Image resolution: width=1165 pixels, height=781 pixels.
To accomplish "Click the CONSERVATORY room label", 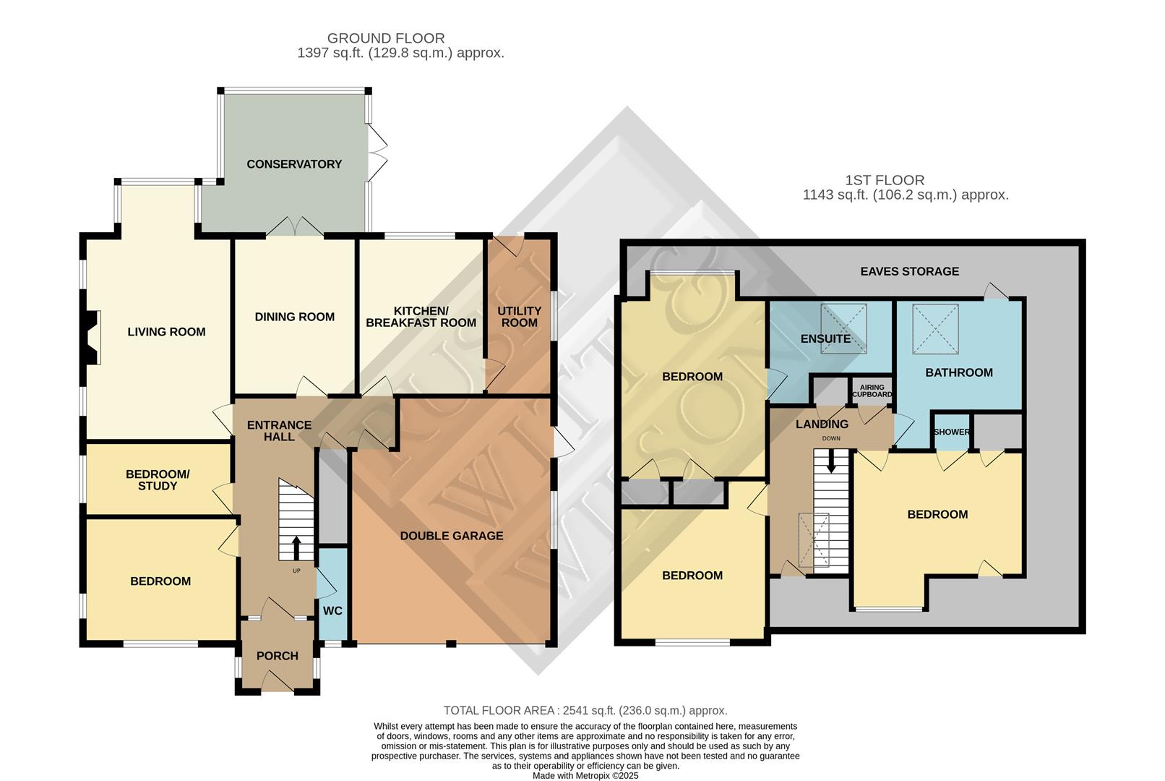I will point(294,164).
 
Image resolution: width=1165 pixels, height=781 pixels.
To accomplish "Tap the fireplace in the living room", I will point(92,337).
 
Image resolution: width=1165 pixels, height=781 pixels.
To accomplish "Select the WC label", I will point(332,611).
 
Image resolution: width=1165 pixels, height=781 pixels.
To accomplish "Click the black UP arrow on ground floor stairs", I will point(296,547).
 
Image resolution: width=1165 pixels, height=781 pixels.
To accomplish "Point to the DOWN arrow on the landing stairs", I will point(831,461).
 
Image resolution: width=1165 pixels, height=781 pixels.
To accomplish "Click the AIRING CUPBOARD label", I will point(872,391).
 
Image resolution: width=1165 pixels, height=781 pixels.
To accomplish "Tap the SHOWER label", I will point(951,432).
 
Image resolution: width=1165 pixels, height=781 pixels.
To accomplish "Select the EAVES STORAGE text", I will point(909,271).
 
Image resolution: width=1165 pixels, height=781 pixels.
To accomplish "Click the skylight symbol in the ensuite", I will point(843,328).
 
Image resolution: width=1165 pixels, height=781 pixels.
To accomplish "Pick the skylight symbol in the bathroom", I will point(936,329).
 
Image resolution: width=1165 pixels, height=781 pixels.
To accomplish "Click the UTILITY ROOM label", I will point(519,317).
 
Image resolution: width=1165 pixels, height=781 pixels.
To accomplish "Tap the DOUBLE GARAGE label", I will point(452,536).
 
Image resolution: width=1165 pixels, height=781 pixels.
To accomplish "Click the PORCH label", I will point(278,656).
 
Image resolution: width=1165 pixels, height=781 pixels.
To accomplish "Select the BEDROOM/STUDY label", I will point(158,480).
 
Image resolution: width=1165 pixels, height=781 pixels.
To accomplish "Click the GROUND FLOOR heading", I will point(386,38).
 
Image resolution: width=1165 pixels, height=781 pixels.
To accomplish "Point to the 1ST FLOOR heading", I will point(885,180).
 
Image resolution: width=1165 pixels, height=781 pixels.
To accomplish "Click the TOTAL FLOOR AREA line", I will point(585,711).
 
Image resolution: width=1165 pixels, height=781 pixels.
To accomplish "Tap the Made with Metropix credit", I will point(585,775).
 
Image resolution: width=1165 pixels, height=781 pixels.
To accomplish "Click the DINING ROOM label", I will point(294,317).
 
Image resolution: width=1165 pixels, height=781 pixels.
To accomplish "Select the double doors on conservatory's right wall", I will point(377,153).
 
